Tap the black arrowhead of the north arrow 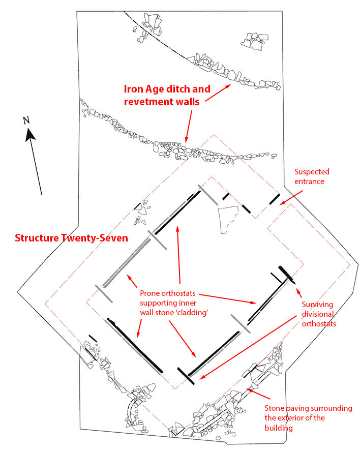(x=30, y=135)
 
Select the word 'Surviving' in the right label (x=318, y=304)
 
